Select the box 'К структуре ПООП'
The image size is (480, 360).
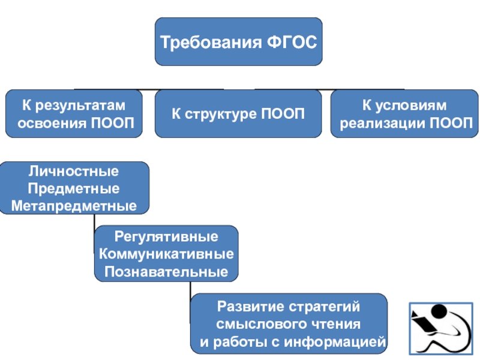238,113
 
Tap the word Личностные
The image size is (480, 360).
74,172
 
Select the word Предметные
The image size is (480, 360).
74,189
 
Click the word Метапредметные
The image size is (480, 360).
74,206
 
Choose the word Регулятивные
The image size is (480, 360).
166,236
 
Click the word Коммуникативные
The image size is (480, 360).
166,254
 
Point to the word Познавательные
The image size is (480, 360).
166,272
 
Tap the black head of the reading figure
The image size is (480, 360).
440,313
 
